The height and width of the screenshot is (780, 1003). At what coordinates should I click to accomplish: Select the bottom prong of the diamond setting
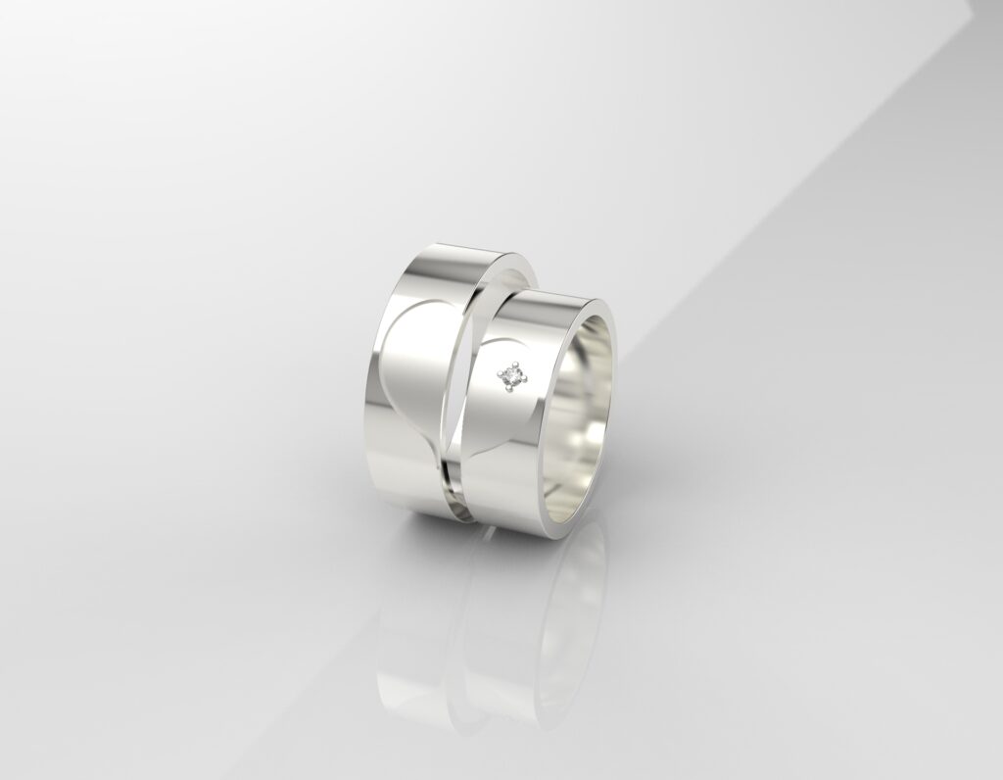[x=509, y=387]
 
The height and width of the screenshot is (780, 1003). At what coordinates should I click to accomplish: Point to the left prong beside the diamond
[x=499, y=373]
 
